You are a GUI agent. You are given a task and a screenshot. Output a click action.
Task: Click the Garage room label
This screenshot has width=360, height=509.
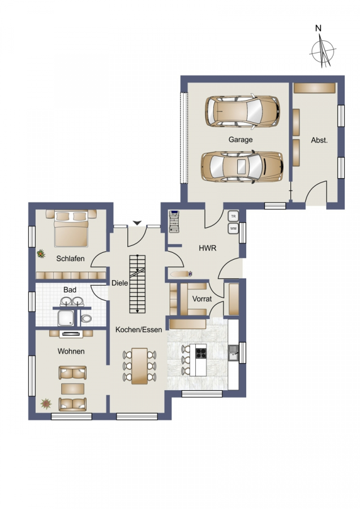241,140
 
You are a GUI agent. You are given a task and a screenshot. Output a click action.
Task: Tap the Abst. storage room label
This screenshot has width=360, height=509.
319,140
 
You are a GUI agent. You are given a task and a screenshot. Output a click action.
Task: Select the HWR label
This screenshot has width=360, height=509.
208,248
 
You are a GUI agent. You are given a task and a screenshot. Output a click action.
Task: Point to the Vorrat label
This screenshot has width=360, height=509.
202,299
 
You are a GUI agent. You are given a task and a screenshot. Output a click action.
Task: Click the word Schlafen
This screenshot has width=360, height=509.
70,258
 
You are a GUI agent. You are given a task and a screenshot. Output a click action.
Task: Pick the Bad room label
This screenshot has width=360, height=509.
70,290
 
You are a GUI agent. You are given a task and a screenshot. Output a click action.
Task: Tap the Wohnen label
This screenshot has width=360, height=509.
71,351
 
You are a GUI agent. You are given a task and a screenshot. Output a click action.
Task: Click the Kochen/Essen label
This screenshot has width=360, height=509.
139,330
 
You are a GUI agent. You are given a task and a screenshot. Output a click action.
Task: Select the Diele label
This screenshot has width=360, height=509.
119,283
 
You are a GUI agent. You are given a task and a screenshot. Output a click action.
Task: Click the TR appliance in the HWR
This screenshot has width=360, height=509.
233,216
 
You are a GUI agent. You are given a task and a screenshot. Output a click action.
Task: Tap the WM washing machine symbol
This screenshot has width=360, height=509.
233,228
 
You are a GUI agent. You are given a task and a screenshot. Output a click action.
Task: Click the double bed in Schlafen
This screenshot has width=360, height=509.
71,228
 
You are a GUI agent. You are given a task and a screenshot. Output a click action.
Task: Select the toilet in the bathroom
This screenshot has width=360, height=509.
86,318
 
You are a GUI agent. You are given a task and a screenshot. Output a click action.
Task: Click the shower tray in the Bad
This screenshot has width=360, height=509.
66,318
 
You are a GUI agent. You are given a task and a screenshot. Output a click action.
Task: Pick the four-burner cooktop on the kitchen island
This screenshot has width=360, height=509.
201,353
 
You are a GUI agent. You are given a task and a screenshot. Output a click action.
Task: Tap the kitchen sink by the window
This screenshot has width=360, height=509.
233,352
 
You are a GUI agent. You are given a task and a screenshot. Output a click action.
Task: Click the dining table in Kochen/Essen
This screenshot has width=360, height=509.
139,366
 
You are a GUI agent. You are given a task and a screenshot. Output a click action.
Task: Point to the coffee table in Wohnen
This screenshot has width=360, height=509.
73,389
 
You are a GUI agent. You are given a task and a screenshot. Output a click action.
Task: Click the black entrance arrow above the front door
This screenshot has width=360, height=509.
138,223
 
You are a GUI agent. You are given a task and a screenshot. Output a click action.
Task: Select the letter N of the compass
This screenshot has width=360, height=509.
318,28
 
